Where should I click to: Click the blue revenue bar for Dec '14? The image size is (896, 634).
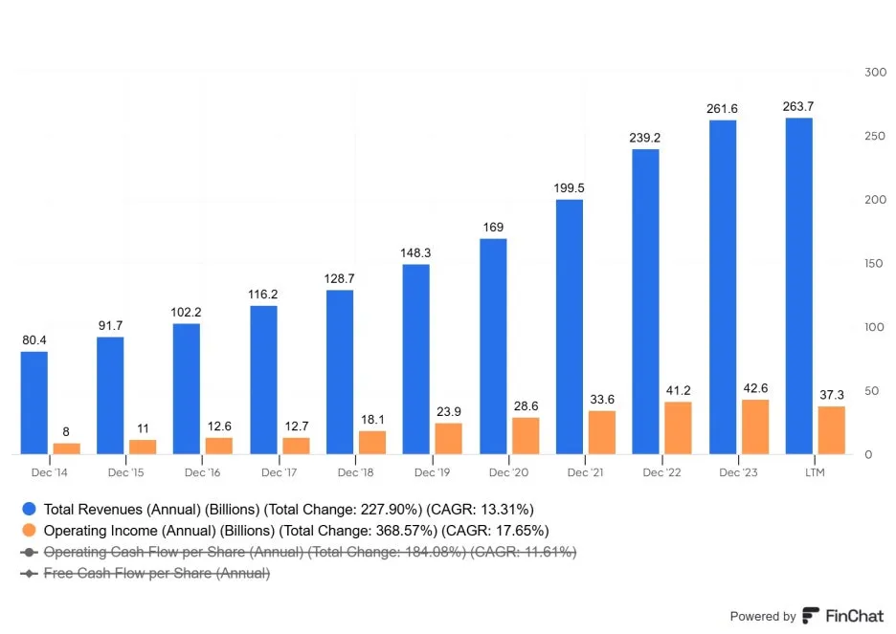click(x=34, y=403)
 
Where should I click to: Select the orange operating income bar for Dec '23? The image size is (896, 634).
click(x=755, y=426)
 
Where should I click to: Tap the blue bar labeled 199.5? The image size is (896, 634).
click(x=570, y=327)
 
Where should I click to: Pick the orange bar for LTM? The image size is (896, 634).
click(x=832, y=430)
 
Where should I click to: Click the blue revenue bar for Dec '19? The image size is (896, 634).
click(x=416, y=360)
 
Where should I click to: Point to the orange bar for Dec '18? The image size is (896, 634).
click(x=372, y=443)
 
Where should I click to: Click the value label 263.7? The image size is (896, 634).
click(x=798, y=107)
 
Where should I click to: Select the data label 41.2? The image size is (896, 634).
click(x=679, y=391)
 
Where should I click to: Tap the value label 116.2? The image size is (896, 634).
click(x=263, y=295)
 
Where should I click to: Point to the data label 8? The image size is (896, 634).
click(x=66, y=432)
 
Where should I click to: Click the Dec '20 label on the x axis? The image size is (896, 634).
click(x=508, y=472)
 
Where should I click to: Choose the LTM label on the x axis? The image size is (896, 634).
click(x=815, y=472)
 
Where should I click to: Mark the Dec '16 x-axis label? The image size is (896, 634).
click(x=202, y=472)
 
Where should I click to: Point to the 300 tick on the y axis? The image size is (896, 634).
click(x=876, y=73)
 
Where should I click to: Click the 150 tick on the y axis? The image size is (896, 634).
click(x=874, y=264)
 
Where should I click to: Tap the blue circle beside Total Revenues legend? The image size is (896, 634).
click(x=29, y=509)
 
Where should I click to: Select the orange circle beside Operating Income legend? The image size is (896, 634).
click(x=29, y=530)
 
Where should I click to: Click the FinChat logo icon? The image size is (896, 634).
click(x=810, y=616)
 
